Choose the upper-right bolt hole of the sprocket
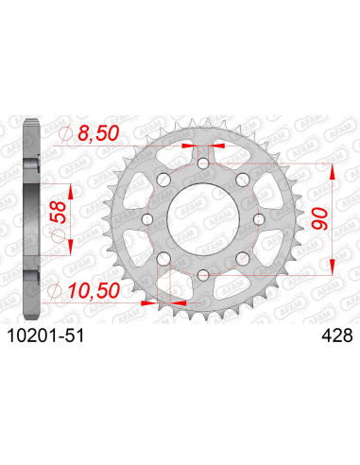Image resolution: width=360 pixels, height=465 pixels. (x=242, y=181)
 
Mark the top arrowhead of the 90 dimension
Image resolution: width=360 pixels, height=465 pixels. (x=331, y=171)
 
